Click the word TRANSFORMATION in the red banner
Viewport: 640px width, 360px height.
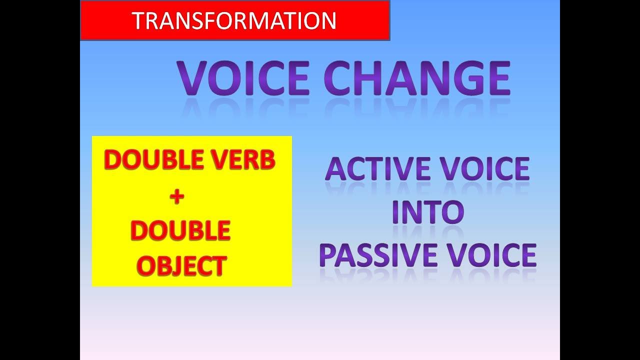tap(234, 20)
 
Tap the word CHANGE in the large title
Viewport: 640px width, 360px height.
tap(417, 79)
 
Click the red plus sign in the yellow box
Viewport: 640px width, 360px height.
tap(176, 196)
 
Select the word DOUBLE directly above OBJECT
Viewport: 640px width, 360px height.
tap(180, 230)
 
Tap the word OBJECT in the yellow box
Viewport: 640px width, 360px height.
tap(181, 265)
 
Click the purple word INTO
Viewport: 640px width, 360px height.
tap(428, 212)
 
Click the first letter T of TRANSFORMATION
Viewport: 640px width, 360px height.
tap(138, 21)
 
